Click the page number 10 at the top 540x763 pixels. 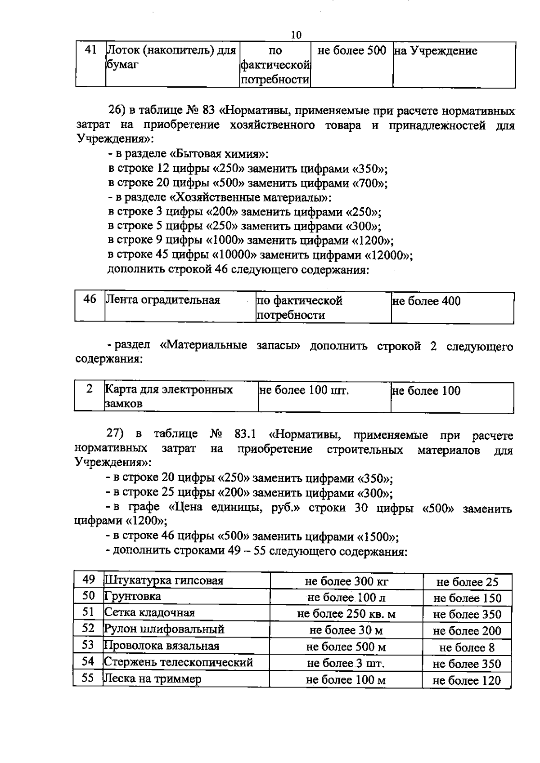296,35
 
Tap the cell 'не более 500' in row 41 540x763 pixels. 351,51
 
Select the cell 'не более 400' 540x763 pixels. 427,301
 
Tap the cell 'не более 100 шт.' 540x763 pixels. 304,390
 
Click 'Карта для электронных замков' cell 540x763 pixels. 169,396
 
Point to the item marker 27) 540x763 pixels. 115,434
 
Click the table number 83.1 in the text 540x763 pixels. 245,434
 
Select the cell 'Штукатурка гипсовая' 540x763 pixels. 164,580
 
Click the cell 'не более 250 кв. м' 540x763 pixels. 346,614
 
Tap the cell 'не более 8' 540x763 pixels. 467,647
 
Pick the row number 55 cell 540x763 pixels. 88,678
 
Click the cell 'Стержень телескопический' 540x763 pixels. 179,662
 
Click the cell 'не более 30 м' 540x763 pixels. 346,630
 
